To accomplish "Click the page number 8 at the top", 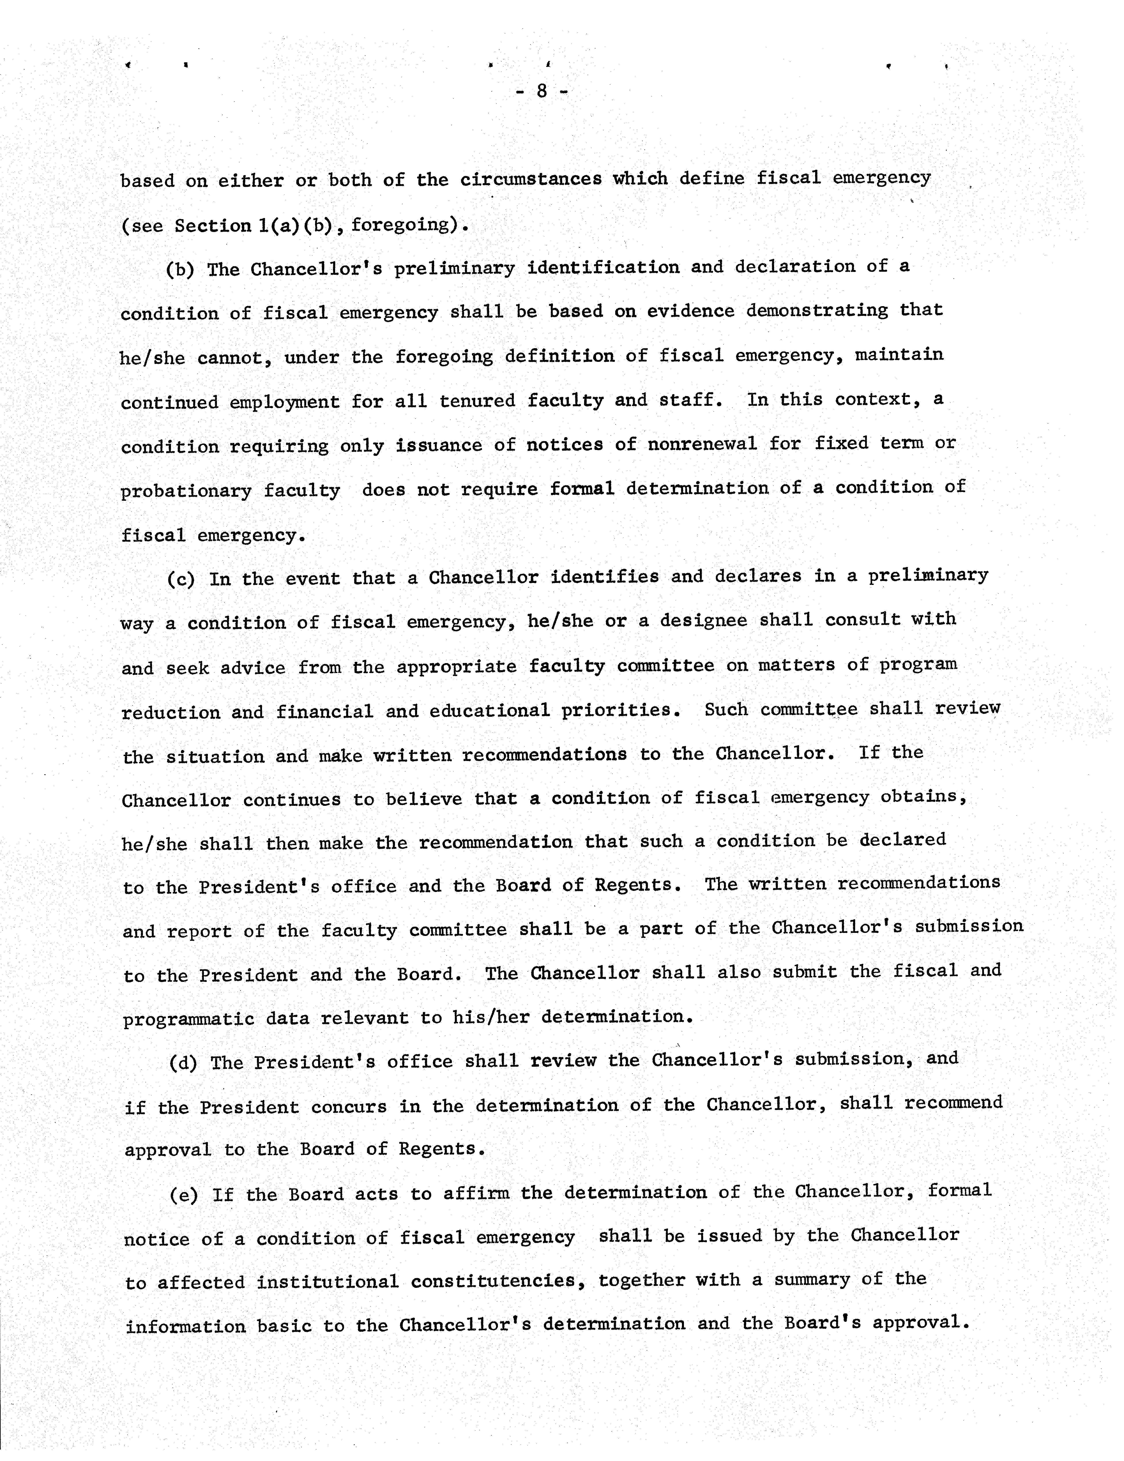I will (542, 91).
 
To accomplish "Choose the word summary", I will (811, 1280).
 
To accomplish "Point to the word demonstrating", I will (817, 310).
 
